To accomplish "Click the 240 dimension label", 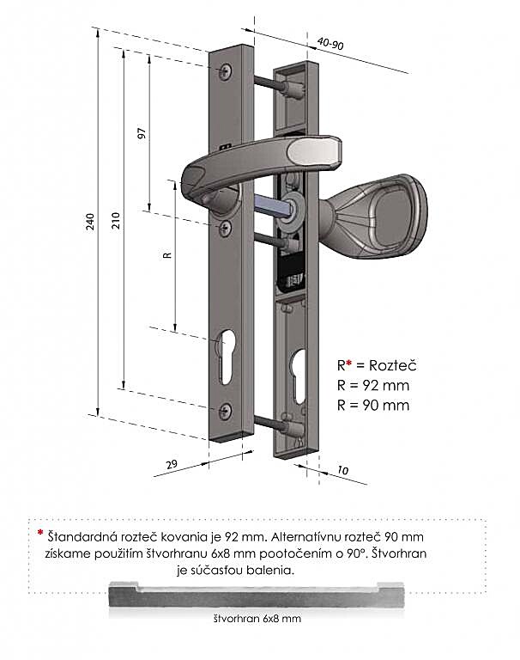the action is coord(90,222).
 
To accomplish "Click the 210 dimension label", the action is coord(116,221).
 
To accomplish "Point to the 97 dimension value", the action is coord(142,133).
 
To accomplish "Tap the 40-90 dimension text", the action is coord(330,43).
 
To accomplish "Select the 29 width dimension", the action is coord(172,464).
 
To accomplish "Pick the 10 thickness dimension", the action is coord(343,470).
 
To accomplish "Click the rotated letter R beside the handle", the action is coord(167,254).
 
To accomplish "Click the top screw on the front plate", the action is coord(226,70).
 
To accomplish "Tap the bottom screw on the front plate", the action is coord(226,411).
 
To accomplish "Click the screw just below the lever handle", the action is coord(226,228).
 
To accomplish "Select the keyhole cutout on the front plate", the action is coord(227,356).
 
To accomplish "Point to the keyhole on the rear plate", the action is coord(298,376).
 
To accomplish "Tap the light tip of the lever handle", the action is coord(314,151).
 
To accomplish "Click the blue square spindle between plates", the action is coord(272,206).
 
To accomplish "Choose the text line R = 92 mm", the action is coord(373,385).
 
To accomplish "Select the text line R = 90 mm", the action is coord(373,405).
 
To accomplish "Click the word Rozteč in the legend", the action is coord(393,365).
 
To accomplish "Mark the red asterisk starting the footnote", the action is coord(40,533).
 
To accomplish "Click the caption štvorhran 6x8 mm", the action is coord(257,619).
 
